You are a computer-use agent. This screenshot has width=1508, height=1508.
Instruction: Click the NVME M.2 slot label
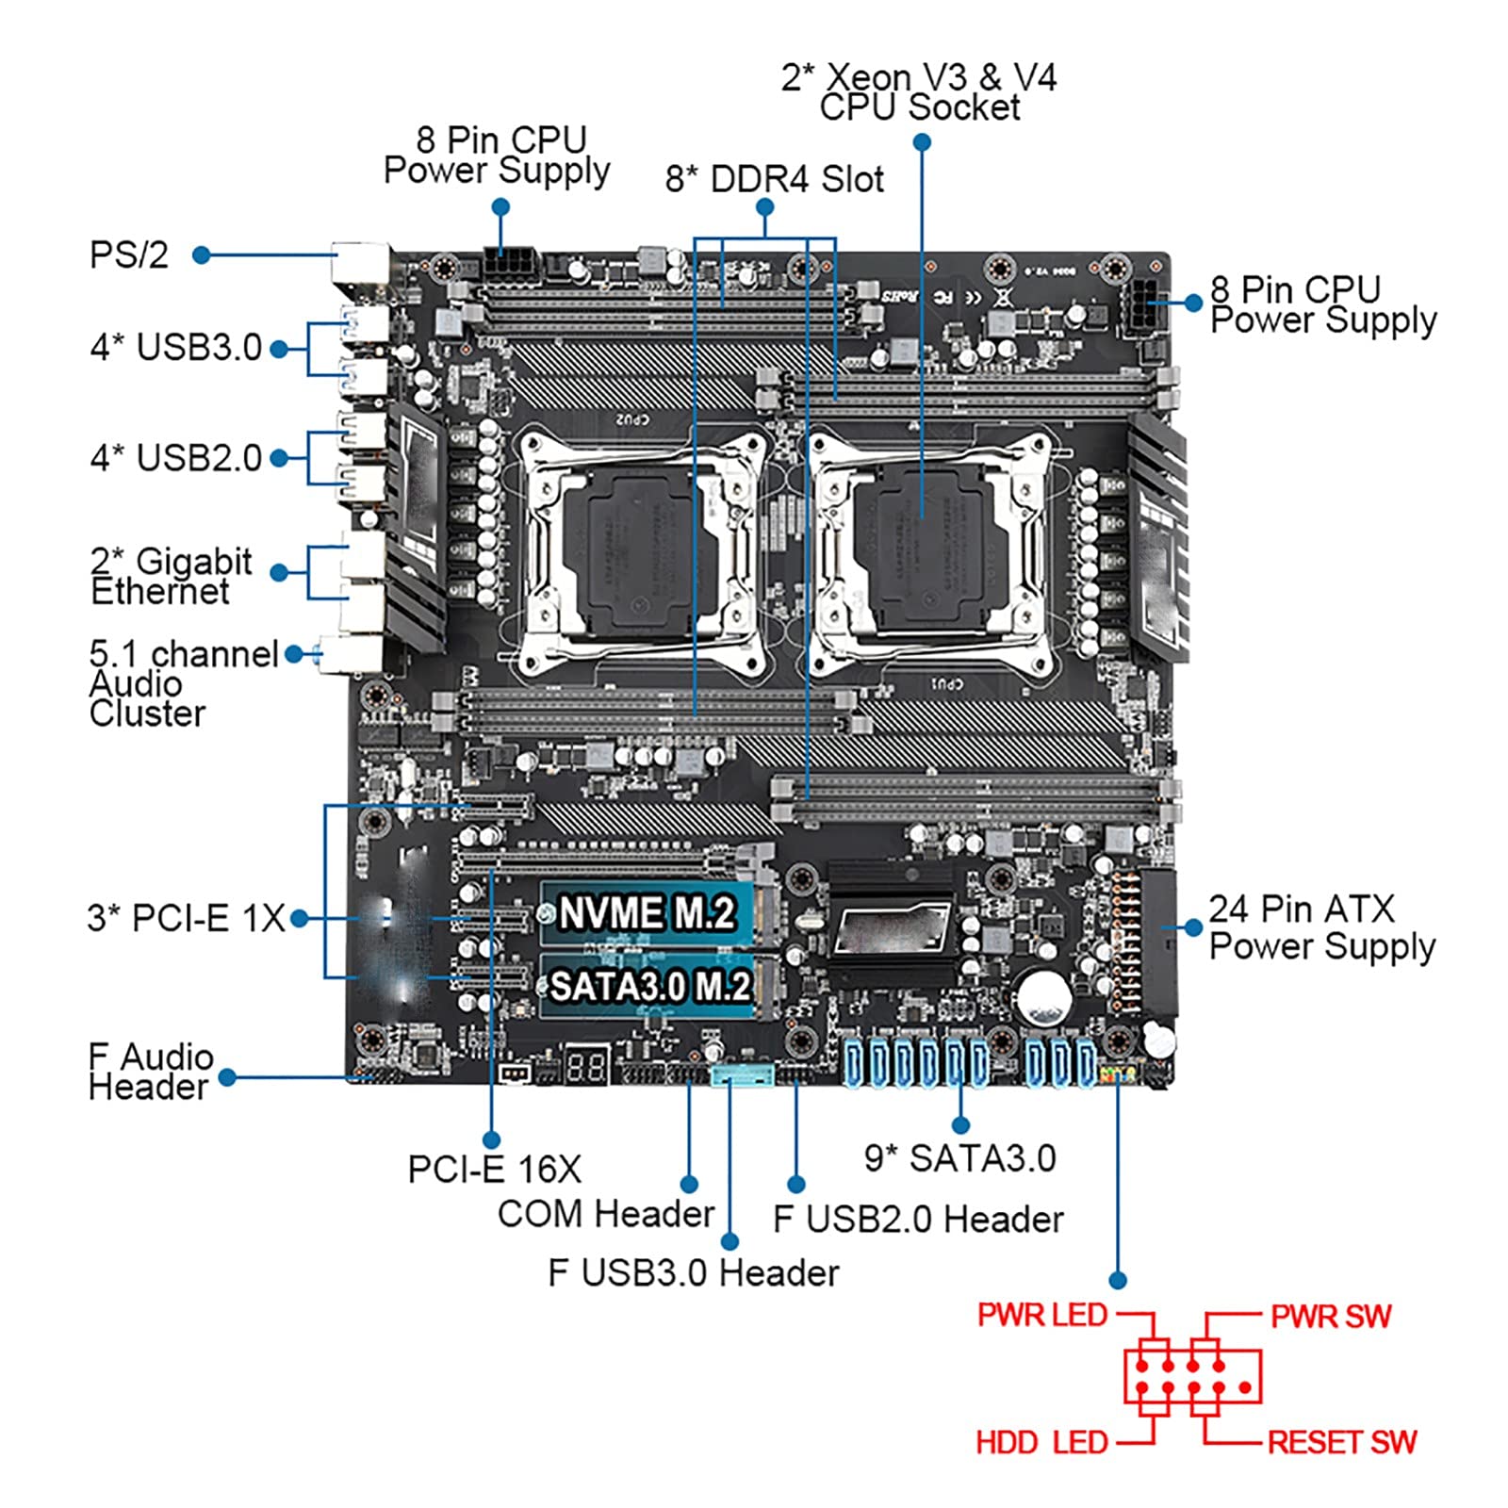point(647,912)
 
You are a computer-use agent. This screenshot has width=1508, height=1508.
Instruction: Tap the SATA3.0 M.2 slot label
point(650,986)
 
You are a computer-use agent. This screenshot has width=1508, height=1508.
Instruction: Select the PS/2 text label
point(129,254)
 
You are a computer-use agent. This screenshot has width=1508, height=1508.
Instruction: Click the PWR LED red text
point(1041,1315)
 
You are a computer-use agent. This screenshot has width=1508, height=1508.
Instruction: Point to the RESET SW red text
point(1342,1442)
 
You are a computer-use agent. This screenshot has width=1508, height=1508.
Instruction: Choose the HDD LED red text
point(1041,1442)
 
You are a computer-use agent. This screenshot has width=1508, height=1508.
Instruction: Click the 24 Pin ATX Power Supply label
point(1321,927)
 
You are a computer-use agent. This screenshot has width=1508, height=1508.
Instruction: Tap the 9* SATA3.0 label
point(959,1158)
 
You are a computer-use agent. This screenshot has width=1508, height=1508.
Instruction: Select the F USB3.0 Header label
point(693,1273)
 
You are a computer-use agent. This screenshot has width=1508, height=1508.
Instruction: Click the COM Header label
point(606,1214)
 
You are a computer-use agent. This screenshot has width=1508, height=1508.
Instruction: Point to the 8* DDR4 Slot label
point(774,179)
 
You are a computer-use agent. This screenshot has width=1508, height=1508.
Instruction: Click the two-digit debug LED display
point(586,1067)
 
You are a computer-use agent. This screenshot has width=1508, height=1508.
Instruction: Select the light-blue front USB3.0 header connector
point(742,1075)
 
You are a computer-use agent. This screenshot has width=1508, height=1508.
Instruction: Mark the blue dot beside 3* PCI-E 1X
point(300,918)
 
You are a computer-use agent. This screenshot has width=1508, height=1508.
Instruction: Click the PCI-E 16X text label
point(494,1170)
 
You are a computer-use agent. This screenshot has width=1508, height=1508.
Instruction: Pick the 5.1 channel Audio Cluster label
point(183,683)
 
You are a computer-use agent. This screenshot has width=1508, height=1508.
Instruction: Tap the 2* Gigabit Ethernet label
point(171,576)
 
